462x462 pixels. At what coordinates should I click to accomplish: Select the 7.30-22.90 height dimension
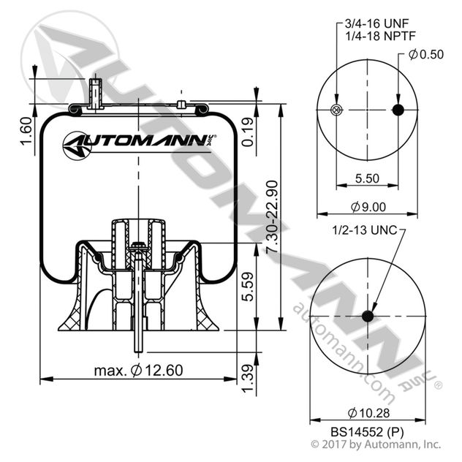(x=270, y=218)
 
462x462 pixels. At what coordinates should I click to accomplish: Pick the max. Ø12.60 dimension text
(x=138, y=371)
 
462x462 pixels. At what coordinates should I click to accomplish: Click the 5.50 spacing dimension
(x=366, y=177)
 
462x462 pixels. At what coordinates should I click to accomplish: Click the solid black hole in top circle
(x=398, y=110)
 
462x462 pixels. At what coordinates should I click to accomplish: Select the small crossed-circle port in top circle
(x=336, y=110)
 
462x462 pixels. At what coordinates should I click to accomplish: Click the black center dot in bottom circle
(x=367, y=317)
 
